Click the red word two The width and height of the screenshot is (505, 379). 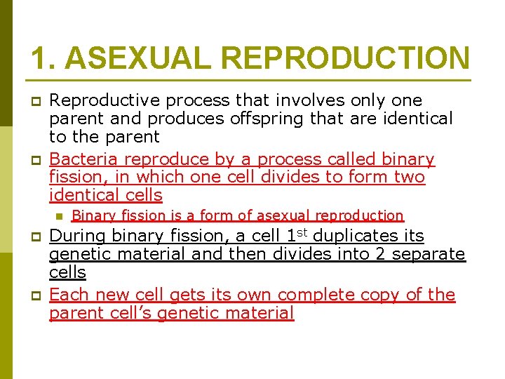point(409,178)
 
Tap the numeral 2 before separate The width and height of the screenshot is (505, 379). point(379,254)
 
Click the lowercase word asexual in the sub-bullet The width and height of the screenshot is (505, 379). point(274,216)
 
